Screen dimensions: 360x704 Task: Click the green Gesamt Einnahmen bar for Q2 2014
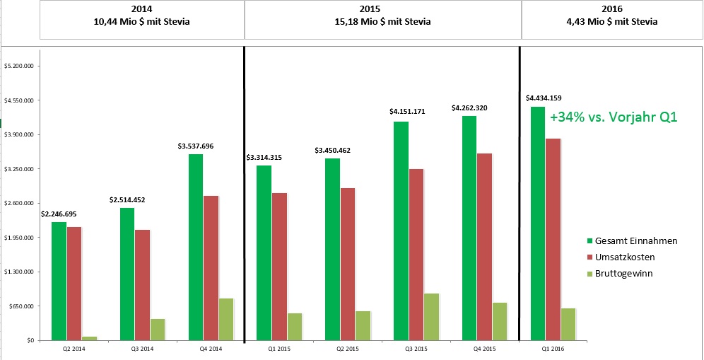59,281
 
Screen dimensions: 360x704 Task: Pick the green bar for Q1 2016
537,223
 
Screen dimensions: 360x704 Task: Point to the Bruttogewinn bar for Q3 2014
158,329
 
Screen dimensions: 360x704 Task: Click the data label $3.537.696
196,146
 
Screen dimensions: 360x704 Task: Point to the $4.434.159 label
544,98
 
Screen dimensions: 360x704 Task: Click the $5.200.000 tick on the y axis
20,66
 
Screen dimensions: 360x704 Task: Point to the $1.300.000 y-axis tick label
20,272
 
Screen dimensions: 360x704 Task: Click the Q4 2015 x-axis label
485,348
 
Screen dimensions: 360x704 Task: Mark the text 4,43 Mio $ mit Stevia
612,21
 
